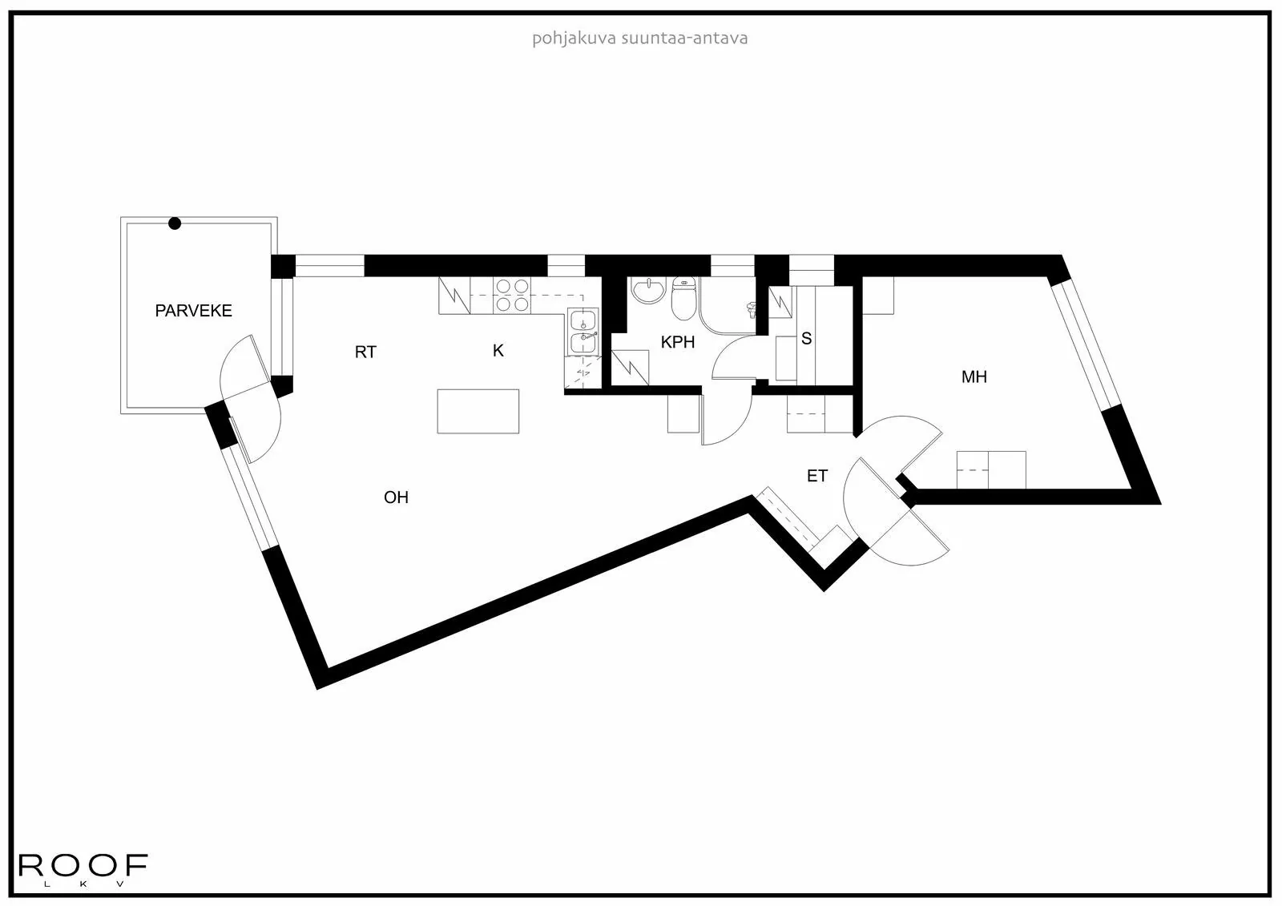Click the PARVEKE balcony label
click(x=193, y=311)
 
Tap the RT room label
click(x=365, y=352)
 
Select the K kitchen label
click(x=498, y=351)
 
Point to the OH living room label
click(x=396, y=497)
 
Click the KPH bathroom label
click(x=678, y=343)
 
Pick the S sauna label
click(x=807, y=339)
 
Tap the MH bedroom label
click(x=974, y=376)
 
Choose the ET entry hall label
click(x=816, y=477)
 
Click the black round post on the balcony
click(x=175, y=223)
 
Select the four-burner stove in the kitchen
click(x=513, y=294)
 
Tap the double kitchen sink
click(x=583, y=331)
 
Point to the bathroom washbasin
click(x=647, y=291)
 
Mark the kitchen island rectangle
click(x=478, y=411)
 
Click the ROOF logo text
click(x=83, y=865)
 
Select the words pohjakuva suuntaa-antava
click(x=639, y=38)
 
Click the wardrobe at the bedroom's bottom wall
click(x=991, y=469)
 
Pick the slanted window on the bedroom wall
click(x=1085, y=343)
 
